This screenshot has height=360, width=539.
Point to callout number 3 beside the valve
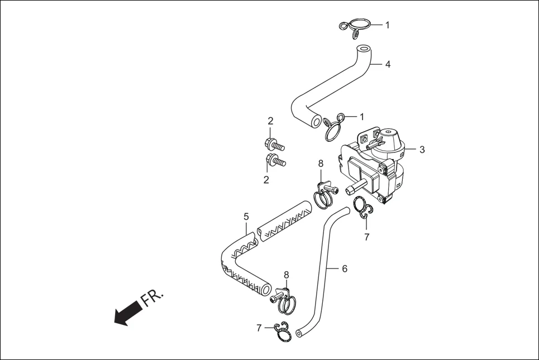pos(422,150)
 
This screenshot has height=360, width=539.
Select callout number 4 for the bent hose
pos(387,64)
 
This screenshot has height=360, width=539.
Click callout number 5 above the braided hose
pos(246,216)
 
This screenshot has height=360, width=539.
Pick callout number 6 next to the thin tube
pos(345,268)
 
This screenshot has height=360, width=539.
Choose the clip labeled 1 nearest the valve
pos(333,127)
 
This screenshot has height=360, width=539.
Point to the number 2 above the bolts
pos(270,121)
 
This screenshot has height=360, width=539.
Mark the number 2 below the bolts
pos(266,180)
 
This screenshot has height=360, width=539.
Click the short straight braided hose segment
pos(284,222)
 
